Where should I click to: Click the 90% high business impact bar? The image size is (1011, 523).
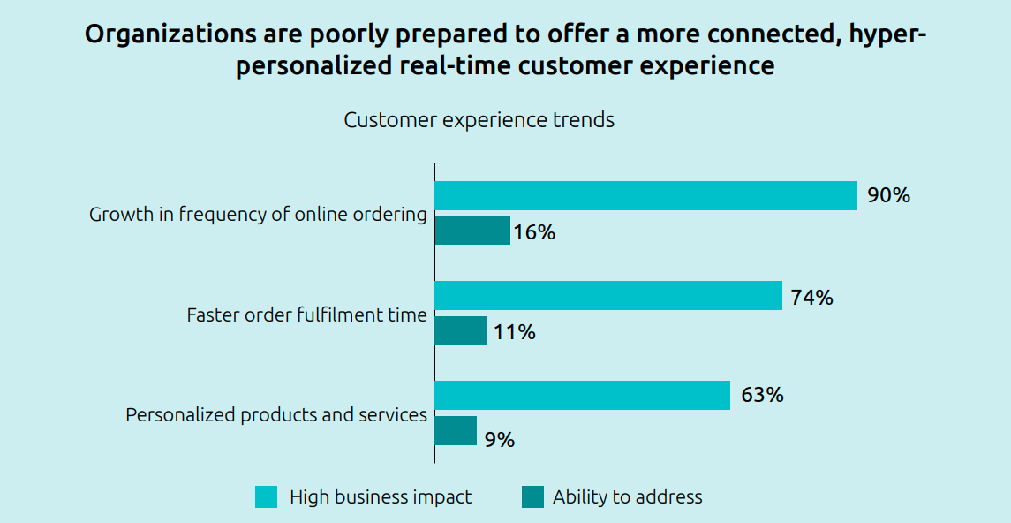645,195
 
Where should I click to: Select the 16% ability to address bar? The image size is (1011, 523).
472,231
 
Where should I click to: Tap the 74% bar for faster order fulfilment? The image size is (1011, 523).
608,296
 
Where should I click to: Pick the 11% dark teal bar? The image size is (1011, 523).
460,331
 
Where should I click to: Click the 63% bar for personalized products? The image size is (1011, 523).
582,396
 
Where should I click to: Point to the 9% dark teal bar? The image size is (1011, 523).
456,431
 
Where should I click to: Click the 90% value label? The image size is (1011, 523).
888,195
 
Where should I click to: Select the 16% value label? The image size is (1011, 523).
534,232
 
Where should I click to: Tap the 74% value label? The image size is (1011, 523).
811,298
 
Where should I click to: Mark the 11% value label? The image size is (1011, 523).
514,332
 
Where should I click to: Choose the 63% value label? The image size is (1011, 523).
762,395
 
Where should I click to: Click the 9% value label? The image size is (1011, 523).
500,439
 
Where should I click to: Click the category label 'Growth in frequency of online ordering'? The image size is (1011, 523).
258,215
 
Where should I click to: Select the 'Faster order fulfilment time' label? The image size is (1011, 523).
306,315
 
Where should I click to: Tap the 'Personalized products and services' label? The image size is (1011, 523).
276,414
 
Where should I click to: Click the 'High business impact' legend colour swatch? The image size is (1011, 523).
266,497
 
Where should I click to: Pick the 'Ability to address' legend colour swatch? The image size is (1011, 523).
532,497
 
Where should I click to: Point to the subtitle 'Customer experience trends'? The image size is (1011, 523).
479,120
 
